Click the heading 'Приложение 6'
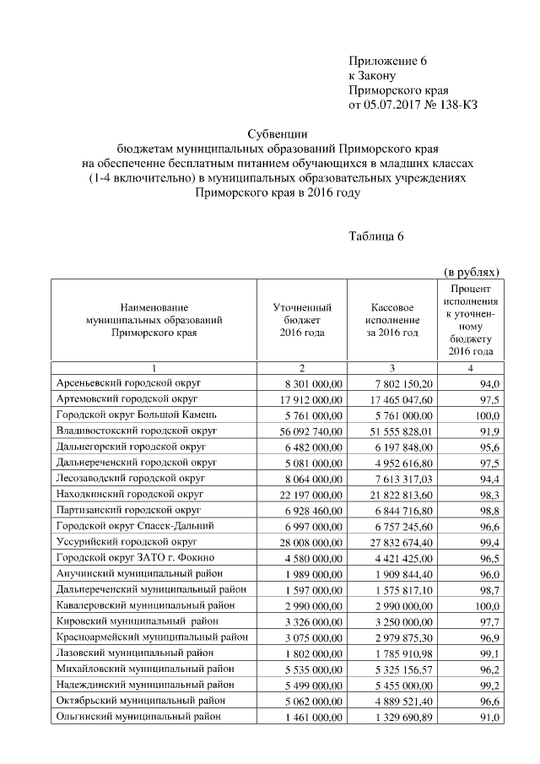click(x=389, y=62)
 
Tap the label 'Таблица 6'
click(x=376, y=236)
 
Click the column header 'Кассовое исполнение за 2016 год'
click(x=391, y=321)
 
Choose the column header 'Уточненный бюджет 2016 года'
click(x=301, y=321)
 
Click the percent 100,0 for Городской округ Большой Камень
click(x=487, y=415)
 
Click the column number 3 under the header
click(x=391, y=368)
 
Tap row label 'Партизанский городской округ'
click(x=128, y=511)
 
